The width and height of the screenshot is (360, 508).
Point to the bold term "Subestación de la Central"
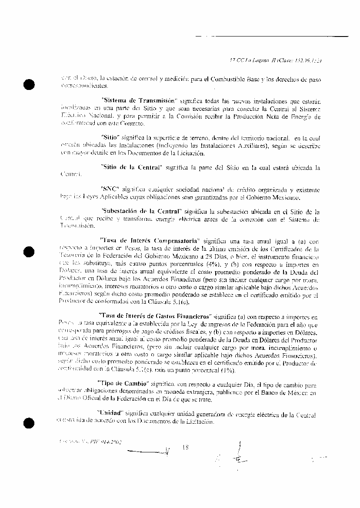point(140,212)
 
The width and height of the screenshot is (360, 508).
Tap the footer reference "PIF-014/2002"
point(105,442)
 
